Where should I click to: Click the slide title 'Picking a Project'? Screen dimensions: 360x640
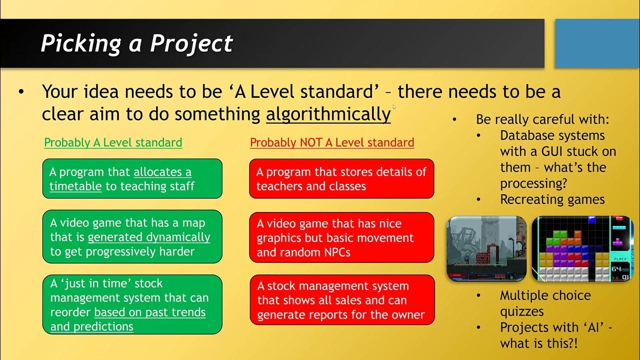[136, 43]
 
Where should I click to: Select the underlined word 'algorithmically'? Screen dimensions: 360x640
[328, 114]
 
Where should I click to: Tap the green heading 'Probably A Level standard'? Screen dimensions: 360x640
[113, 142]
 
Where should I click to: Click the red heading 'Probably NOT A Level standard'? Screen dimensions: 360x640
[332, 142]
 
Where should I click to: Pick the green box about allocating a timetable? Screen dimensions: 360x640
[132, 179]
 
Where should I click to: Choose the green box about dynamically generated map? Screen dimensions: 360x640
[132, 237]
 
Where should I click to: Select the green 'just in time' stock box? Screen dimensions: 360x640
[132, 304]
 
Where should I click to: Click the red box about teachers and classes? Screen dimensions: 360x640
[341, 179]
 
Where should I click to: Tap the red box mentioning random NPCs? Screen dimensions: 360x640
[341, 237]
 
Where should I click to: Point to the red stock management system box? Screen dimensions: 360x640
[342, 300]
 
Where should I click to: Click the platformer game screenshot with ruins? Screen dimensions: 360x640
[486, 248]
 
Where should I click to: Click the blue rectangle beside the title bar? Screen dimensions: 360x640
[597, 43]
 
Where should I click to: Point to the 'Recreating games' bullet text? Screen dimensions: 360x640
[552, 199]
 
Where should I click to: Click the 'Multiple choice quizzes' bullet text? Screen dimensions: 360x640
[545, 303]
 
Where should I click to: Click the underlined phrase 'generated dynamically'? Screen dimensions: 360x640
[149, 237]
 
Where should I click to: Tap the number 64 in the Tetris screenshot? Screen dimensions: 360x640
[616, 268]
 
